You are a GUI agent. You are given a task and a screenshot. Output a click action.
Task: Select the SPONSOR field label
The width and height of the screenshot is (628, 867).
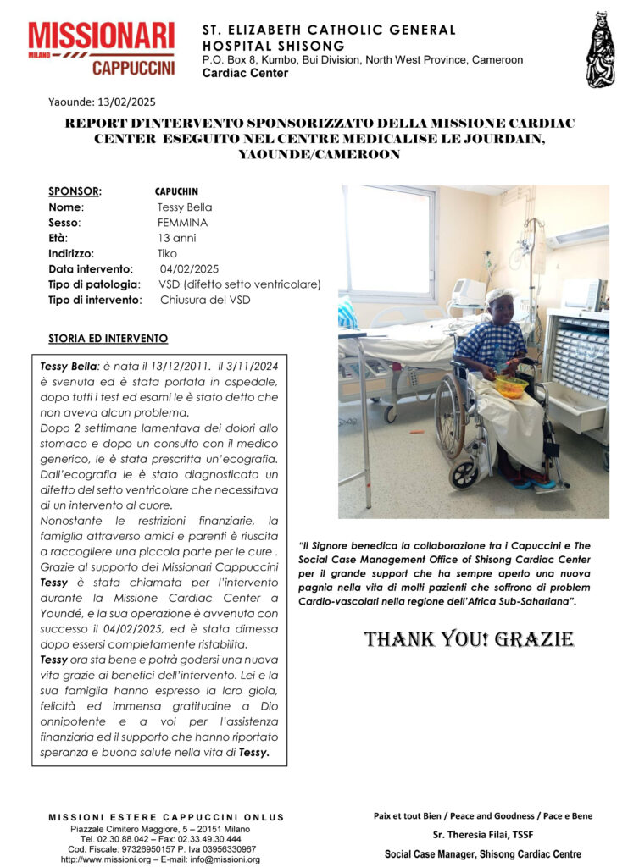click(x=75, y=191)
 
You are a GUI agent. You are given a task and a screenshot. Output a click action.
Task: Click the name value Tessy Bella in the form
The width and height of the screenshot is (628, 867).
click(x=184, y=207)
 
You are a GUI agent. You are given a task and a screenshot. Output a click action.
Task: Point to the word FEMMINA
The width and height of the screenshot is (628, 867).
click(x=182, y=223)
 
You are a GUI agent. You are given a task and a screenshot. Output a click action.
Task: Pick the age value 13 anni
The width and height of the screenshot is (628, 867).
click(x=176, y=238)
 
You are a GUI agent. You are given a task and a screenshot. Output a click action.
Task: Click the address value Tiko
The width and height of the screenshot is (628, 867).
click(x=167, y=253)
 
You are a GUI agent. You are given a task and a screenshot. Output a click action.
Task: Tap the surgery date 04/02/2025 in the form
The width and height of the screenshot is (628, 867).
click(x=189, y=268)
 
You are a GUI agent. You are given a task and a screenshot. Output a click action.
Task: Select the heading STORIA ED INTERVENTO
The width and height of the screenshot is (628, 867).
click(x=108, y=339)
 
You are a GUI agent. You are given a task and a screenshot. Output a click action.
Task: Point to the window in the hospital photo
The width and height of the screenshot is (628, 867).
click(x=389, y=242)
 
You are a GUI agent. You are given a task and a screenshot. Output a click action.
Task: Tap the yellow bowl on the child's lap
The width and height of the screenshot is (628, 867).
click(x=510, y=386)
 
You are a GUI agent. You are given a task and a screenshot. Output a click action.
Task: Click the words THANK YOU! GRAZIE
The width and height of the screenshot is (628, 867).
click(x=469, y=639)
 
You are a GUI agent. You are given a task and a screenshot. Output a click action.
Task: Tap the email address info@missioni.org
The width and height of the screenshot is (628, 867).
click(x=225, y=859)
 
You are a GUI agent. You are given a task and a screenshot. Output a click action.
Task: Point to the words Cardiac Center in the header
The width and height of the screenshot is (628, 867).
click(x=245, y=73)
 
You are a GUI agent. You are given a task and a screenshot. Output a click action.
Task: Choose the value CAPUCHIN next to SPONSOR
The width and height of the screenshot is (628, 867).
click(x=176, y=191)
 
